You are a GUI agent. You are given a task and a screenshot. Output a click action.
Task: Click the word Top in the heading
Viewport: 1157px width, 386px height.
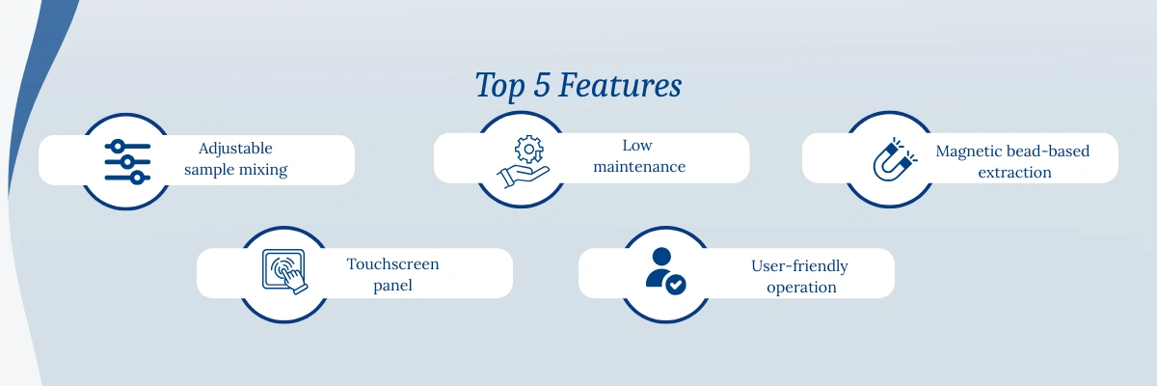coord(500,86)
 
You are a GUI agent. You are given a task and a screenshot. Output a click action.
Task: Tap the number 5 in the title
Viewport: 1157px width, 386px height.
coord(541,85)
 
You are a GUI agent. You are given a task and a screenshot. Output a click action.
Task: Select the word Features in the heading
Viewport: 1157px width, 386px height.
coord(620,85)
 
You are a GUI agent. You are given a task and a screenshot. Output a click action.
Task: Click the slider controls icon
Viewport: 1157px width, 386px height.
coord(127,162)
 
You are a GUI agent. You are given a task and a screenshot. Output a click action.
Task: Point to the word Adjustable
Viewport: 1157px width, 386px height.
coord(235,149)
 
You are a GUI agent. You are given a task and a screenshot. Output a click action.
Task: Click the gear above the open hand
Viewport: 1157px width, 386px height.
coord(529,150)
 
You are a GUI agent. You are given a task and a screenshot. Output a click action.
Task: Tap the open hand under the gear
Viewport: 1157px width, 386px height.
coord(523,177)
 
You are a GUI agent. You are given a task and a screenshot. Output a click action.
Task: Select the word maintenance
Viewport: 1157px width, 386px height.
coord(639,167)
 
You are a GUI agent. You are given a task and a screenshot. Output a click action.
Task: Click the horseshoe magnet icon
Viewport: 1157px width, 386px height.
coord(895,159)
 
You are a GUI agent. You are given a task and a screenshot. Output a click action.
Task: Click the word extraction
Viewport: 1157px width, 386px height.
coord(1014,173)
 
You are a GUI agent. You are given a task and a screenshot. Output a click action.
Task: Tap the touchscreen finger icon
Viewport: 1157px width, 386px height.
coord(284,271)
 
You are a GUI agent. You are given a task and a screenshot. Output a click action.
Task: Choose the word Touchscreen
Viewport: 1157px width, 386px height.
coord(392,264)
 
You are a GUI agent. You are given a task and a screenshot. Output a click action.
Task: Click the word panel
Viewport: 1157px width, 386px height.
coord(392,286)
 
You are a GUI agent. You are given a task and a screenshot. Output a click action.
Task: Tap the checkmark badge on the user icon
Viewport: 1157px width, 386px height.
coord(676,285)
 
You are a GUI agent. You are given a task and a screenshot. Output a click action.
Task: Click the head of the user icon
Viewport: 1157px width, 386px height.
coord(661,257)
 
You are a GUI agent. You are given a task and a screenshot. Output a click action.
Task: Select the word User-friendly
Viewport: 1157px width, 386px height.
coord(799,266)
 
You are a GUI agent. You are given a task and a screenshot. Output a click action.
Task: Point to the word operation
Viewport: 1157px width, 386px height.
coord(801,288)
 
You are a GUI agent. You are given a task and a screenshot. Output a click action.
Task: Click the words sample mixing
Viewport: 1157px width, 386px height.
coord(235,170)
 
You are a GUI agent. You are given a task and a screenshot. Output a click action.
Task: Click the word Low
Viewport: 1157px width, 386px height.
coord(637,146)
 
